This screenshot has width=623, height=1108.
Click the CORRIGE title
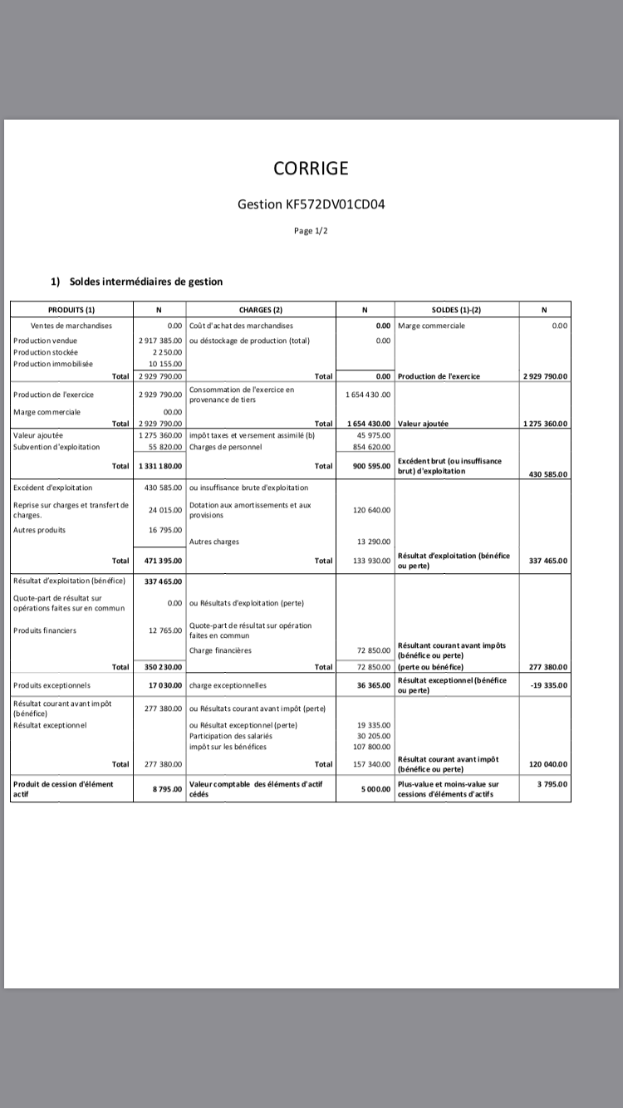(311, 169)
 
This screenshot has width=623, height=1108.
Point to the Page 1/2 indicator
(311, 231)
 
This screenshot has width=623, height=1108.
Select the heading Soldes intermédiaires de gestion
(146, 282)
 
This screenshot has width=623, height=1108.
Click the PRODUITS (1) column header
(71, 310)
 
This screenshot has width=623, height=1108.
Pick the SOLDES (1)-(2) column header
(456, 310)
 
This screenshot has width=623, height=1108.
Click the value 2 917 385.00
(160, 341)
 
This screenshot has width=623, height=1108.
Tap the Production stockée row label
(46, 352)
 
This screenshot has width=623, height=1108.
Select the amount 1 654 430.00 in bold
(369, 424)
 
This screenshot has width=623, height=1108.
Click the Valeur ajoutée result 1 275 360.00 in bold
(545, 424)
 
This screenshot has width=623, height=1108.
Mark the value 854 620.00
(373, 447)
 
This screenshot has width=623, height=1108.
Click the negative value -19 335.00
(549, 686)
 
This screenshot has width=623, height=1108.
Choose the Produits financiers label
(45, 630)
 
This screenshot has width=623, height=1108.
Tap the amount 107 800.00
(373, 747)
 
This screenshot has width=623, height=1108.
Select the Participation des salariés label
(231, 736)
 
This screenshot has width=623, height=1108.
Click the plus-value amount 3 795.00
(552, 784)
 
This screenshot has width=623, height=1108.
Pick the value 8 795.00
(167, 789)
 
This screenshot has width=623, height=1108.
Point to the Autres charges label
(214, 542)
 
